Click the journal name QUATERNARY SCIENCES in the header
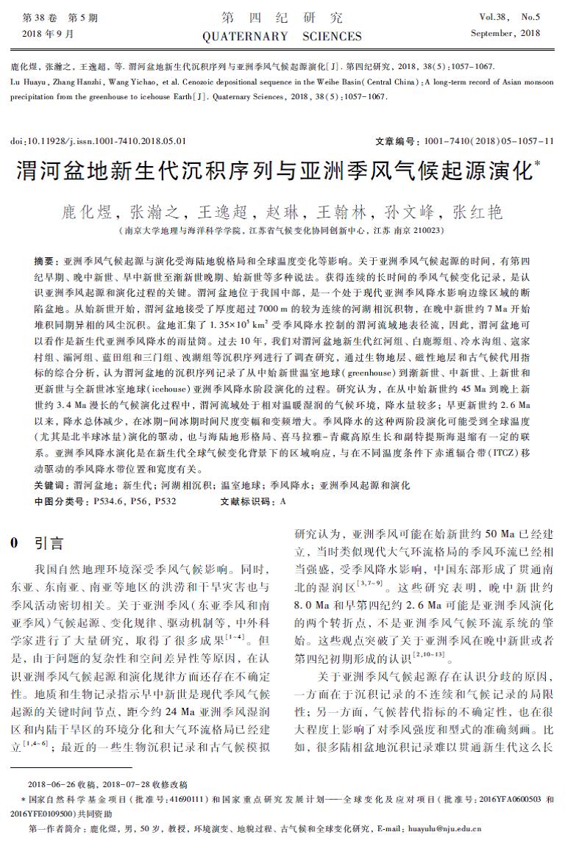click(282, 36)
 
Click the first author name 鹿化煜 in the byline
click(86, 212)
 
